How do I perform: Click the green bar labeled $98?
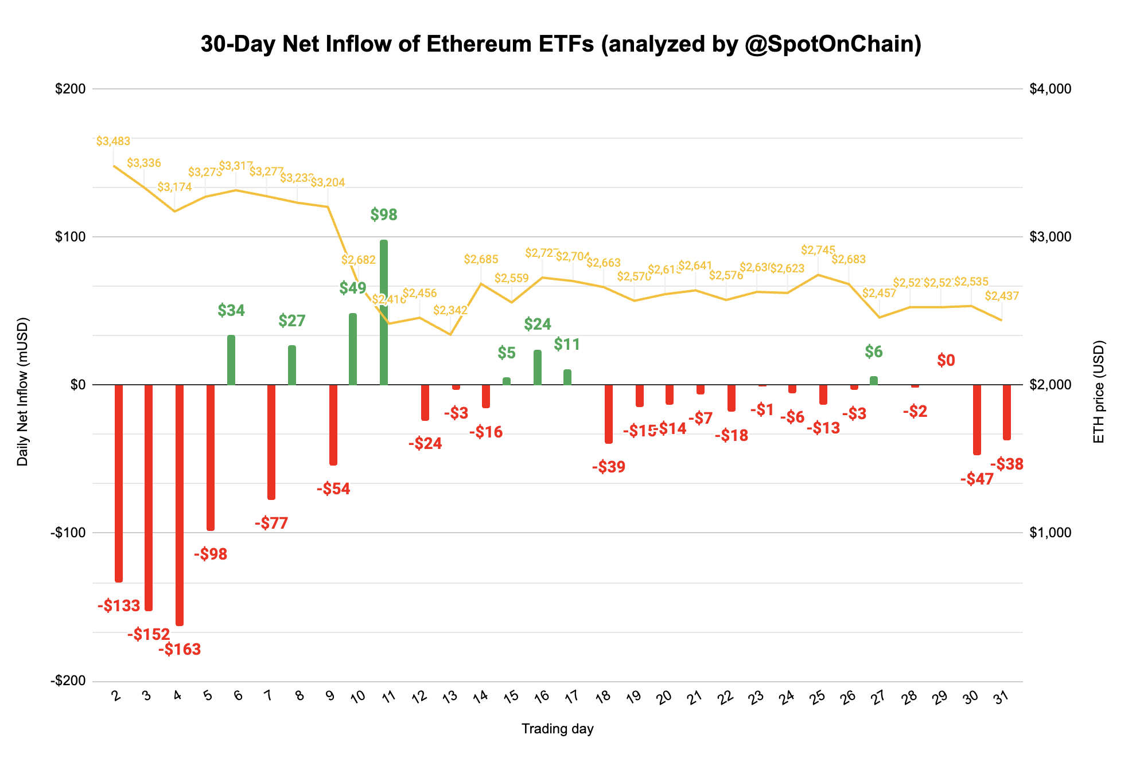pos(383,312)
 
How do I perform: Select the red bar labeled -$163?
pos(180,505)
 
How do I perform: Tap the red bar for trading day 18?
pos(609,414)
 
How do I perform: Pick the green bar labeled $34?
pos(231,360)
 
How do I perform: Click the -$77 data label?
pos(271,523)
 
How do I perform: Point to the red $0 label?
pos(946,361)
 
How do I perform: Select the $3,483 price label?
pos(113,141)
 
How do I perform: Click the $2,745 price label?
pos(818,250)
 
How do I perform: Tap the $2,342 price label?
pos(450,311)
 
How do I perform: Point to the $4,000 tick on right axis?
pos(1051,89)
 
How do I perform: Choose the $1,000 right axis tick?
pos(1051,533)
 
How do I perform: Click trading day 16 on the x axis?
pos(541,697)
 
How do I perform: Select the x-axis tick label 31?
pos(1001,697)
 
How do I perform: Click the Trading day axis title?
pos(557,729)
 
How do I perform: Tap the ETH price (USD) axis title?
pos(1099,392)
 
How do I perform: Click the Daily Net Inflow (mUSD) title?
pos(22,392)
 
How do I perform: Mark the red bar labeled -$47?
pos(977,420)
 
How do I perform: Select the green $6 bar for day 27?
pos(873,381)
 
